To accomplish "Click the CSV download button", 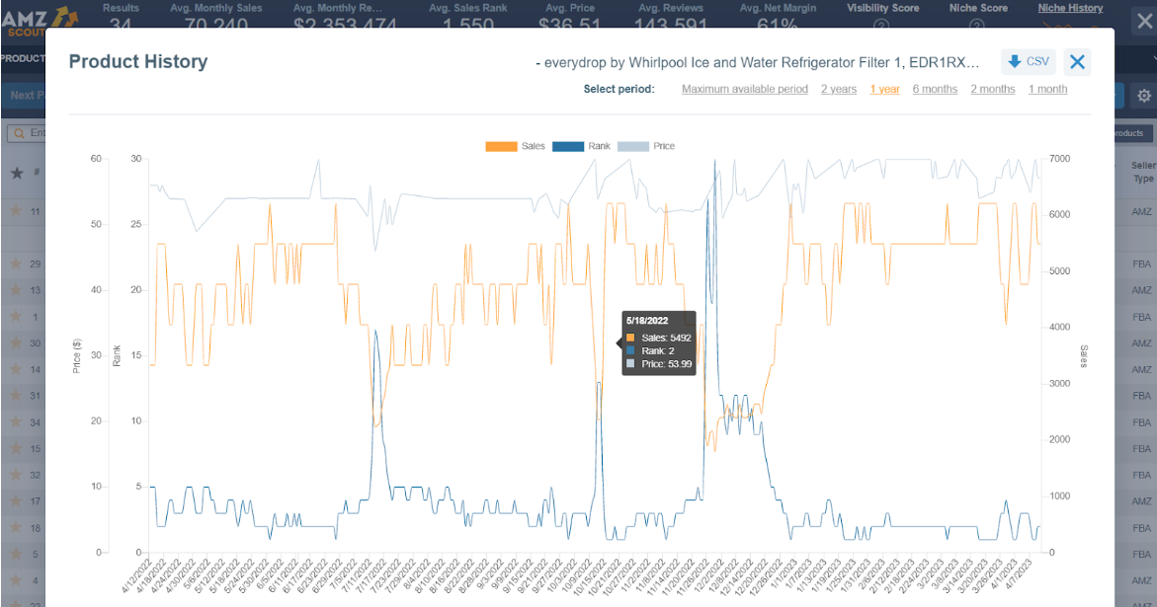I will [1028, 62].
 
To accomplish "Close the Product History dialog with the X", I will [1078, 63].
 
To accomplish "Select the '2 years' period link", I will [839, 89].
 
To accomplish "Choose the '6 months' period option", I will [935, 89].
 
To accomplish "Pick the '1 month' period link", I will [1047, 89].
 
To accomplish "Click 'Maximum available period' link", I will [745, 89].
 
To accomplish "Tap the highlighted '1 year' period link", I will [884, 89].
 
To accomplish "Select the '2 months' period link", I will [992, 89].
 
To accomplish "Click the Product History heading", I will [138, 61].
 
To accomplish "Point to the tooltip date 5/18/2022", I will [648, 320].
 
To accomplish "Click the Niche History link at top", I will [1070, 8].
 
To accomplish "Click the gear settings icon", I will [1144, 96].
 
